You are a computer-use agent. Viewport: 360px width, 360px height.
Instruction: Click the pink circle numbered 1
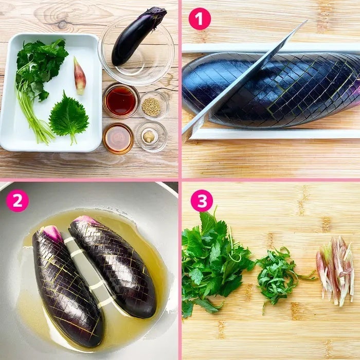point(200,19)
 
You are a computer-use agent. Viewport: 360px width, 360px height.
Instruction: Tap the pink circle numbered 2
point(17,201)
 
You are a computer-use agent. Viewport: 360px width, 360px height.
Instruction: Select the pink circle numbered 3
point(202,201)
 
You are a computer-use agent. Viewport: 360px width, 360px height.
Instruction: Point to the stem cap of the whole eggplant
point(157,13)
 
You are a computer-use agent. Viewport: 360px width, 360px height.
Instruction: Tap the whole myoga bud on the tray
point(79,76)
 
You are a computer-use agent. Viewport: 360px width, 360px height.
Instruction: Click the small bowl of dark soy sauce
point(120,101)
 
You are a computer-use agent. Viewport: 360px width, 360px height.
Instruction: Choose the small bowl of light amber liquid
point(118,138)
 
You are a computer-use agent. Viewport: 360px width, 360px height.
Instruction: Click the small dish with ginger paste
point(152,137)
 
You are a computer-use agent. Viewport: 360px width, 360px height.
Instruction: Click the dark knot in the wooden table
point(62,25)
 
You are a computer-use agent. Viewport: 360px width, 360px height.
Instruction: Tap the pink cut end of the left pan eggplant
point(51,233)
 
